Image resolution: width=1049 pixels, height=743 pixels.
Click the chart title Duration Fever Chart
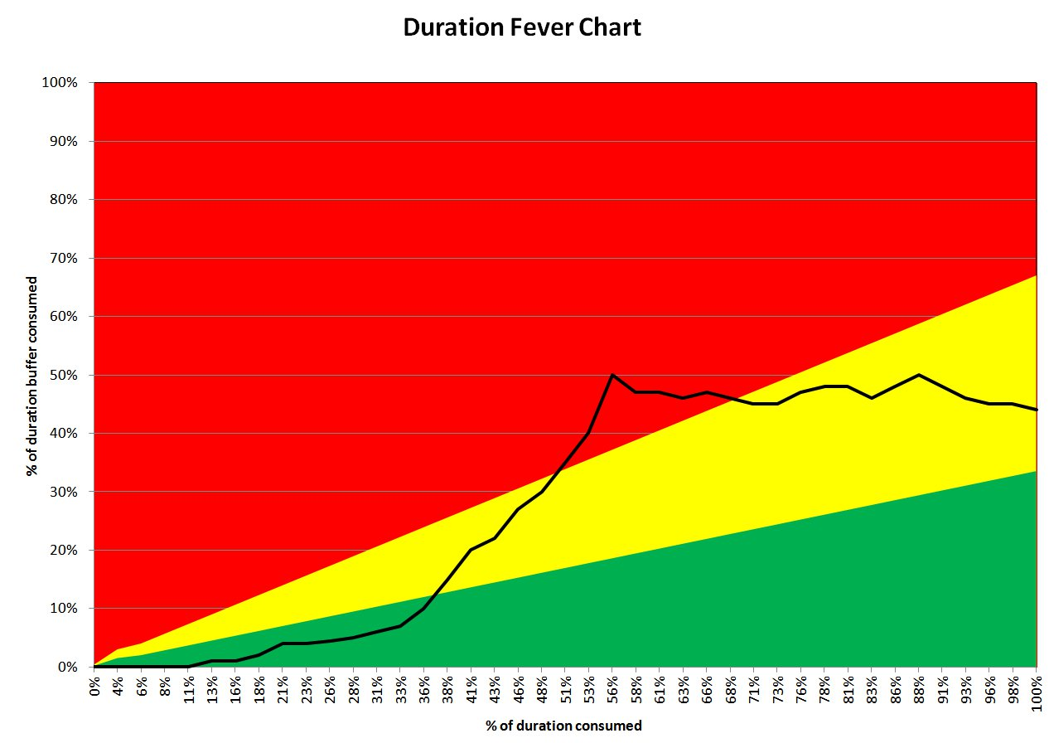(522, 27)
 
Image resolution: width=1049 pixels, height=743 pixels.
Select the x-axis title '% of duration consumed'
(563, 726)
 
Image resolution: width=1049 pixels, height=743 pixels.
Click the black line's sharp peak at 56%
(612, 375)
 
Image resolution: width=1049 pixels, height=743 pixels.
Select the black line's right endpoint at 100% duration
(1037, 410)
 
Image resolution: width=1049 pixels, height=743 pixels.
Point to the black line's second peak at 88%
(919, 375)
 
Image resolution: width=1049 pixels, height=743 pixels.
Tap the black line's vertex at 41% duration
(471, 550)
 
